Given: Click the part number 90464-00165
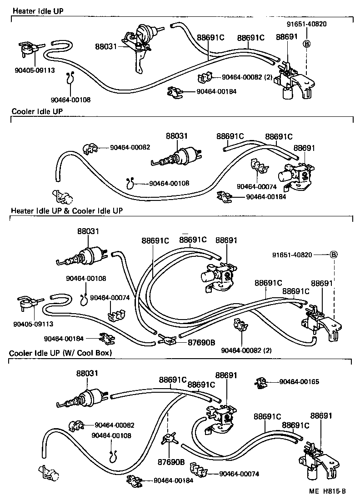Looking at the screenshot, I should pos(299,382).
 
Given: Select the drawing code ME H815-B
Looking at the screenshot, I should pos(328,491).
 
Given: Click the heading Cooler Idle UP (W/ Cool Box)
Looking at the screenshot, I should pos(60,353).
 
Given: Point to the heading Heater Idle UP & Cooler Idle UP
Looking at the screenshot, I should pos(66,211).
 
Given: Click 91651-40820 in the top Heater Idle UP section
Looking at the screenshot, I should pos(306,24).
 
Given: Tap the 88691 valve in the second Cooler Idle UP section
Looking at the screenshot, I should pos(297,175).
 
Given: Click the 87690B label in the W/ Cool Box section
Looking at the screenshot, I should pos(171,462).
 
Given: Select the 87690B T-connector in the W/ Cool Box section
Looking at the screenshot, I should pos(169,440).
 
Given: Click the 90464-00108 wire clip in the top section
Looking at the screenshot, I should pos(70,78).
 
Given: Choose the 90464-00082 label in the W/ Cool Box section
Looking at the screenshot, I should pos(115,425).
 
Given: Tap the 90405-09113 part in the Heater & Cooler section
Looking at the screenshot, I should pos(29,303).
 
